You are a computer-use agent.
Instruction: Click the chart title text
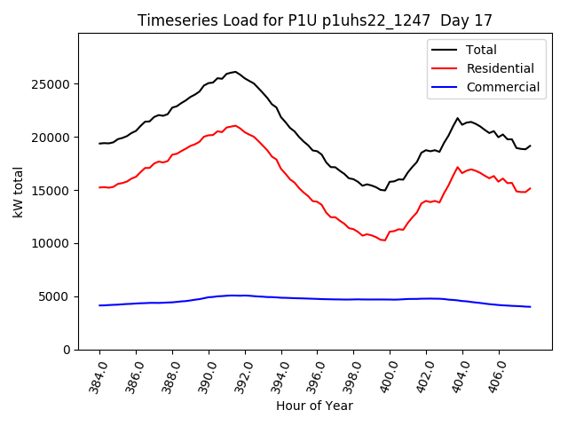pyautogui.click(x=314, y=20)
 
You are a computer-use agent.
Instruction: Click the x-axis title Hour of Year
pyautogui.click(x=314, y=406)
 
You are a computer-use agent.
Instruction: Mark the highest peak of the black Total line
pyautogui.click(x=235, y=72)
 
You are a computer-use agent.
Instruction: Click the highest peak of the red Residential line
pyautogui.click(x=235, y=125)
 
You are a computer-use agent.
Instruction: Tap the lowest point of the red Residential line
pyautogui.click(x=384, y=241)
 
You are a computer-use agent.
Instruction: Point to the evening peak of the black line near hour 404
pyautogui.click(x=458, y=118)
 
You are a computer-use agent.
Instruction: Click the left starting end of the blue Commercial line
pyautogui.click(x=100, y=305)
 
